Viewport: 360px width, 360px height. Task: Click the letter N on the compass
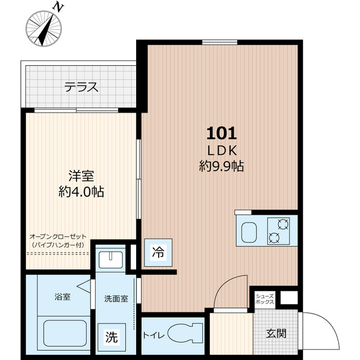pos(58,8)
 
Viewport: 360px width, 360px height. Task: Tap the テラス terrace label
pos(81,87)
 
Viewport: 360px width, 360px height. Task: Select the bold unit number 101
pos(222,133)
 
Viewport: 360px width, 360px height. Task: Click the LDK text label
pos(222,151)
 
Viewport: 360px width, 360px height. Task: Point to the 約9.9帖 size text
pos(221,166)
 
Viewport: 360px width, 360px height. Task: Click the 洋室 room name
pos(81,176)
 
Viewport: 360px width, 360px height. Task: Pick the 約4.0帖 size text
pos(81,192)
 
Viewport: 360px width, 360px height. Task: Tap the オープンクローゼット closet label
pos(58,236)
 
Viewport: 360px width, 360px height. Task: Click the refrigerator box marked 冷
pos(158,253)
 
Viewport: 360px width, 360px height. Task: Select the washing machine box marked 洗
pos(112,337)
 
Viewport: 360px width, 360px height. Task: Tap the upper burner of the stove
pos(283,224)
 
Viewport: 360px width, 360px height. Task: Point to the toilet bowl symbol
pos(185,334)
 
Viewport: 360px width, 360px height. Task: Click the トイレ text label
pos(154,336)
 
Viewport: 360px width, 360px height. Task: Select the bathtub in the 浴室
pos(65,333)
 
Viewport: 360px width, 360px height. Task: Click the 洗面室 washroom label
pos(116,299)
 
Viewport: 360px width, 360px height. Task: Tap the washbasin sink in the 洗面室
pos(111,260)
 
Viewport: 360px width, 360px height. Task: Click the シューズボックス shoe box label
pos(265,299)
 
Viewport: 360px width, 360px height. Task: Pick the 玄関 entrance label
pos(276,334)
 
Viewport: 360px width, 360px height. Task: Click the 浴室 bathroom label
pos(62,297)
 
